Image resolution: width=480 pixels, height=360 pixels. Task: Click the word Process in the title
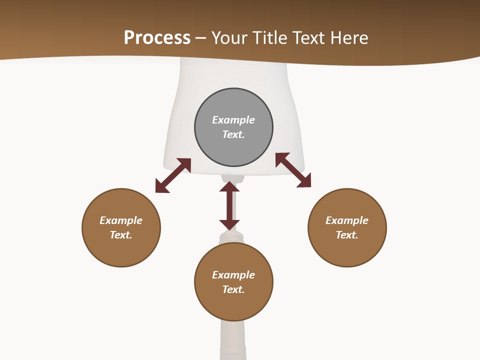point(157,38)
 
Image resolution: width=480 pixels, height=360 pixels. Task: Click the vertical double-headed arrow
point(229,206)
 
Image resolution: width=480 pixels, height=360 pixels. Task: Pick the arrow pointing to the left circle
point(173,175)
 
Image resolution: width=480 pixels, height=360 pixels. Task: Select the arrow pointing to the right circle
point(293,170)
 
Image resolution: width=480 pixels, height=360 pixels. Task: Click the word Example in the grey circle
point(233,120)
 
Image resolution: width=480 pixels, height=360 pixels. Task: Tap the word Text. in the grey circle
point(233,134)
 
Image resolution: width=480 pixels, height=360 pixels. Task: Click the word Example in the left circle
point(121,220)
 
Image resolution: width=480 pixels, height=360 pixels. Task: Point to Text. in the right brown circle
point(347,235)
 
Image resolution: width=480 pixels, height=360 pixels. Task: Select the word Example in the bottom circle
point(233,275)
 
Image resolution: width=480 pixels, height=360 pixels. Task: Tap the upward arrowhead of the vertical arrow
point(229,186)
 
